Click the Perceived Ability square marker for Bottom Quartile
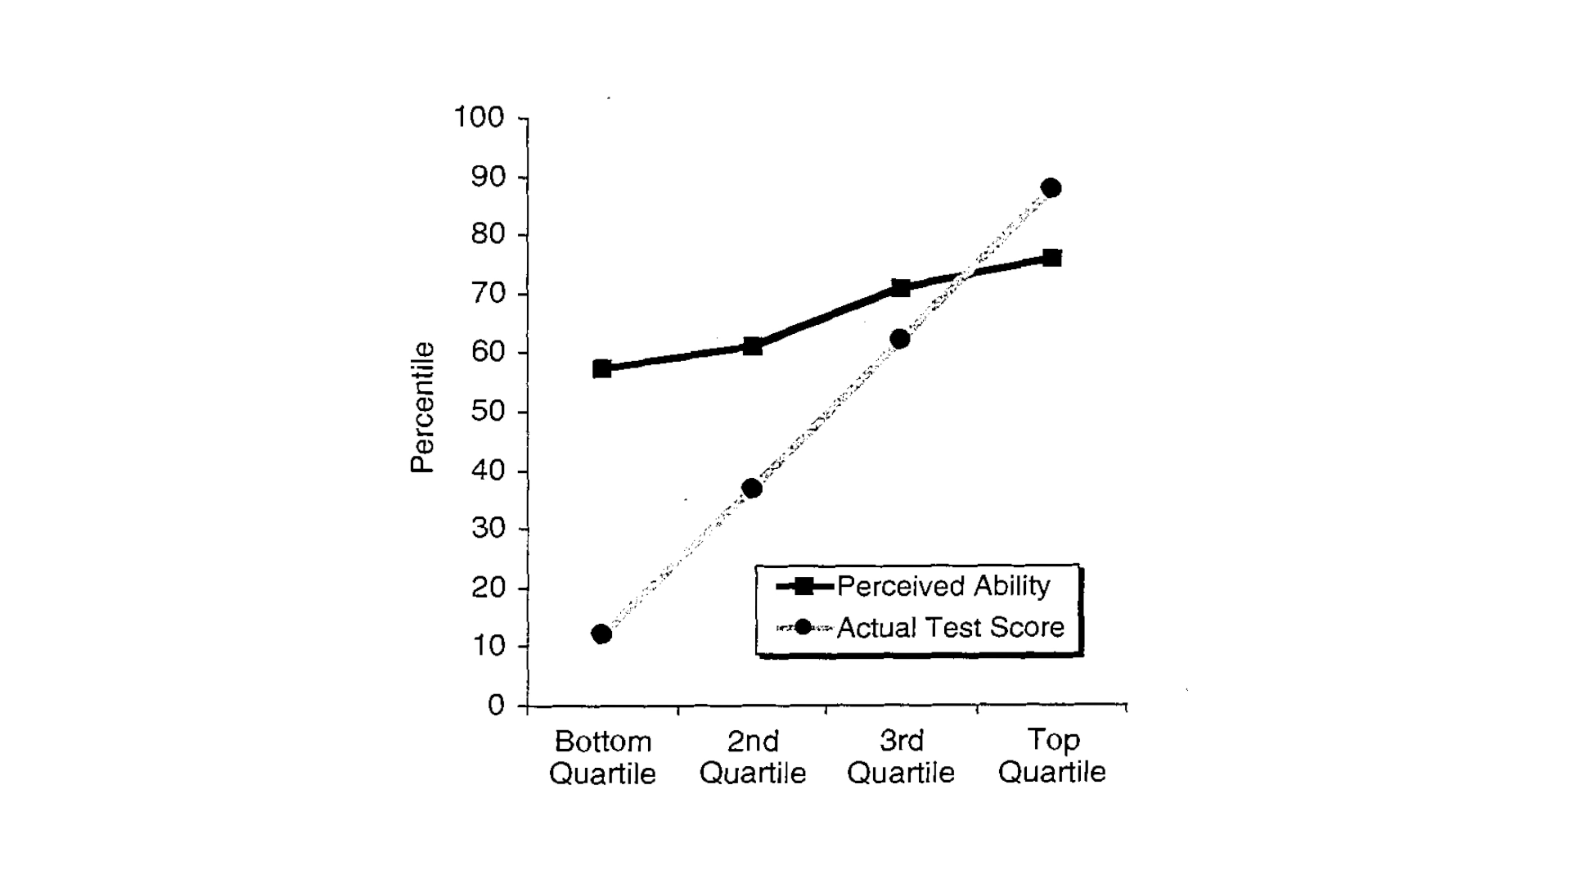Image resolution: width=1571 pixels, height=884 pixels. point(602,368)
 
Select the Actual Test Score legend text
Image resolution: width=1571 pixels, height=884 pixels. point(950,627)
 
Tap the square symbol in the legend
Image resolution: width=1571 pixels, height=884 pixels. point(804,586)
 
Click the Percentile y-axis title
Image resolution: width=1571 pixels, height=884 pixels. point(422,408)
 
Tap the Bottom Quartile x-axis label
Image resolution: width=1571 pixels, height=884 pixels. point(603,757)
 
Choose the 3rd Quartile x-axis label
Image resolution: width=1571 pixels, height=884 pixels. point(901,757)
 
